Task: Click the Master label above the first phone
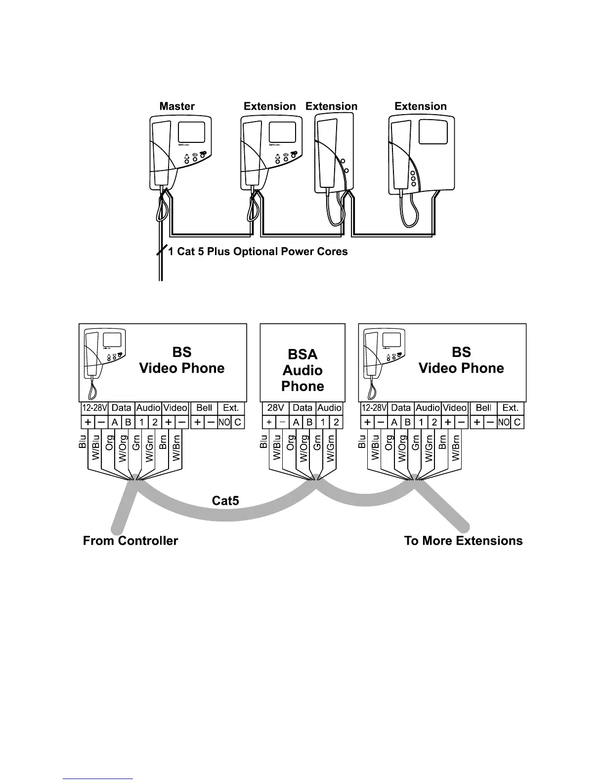(x=177, y=106)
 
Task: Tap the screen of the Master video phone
(x=191, y=131)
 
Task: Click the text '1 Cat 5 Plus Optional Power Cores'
(x=258, y=252)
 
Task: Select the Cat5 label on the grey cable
(x=225, y=501)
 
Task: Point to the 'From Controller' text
(x=130, y=541)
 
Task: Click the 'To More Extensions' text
(x=463, y=541)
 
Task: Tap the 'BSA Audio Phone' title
(x=302, y=370)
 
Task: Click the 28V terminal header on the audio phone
(x=276, y=408)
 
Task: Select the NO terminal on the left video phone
(x=224, y=422)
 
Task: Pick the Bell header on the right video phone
(x=483, y=408)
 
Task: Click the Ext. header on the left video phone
(x=231, y=408)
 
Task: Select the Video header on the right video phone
(x=455, y=408)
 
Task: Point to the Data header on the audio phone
(x=302, y=408)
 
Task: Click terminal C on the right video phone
(x=517, y=422)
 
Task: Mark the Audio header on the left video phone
(x=148, y=408)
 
